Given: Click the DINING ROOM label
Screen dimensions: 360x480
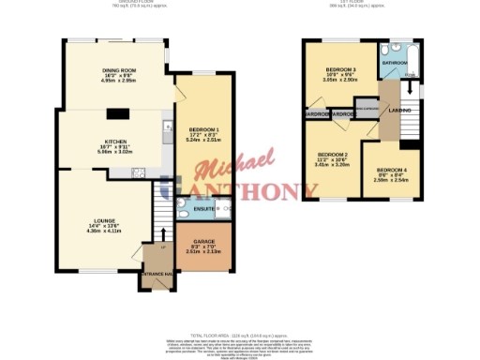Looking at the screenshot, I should tap(119, 69).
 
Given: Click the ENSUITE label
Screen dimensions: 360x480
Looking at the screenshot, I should tap(191, 208).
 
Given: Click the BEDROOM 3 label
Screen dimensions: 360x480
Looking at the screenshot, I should tap(340, 70).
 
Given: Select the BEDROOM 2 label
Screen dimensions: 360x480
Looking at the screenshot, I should tap(332, 155).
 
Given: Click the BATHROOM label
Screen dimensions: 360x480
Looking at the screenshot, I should tap(395, 63).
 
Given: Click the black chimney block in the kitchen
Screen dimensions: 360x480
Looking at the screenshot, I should tap(117, 114).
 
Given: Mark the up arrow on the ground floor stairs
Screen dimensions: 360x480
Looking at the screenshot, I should tap(165, 232).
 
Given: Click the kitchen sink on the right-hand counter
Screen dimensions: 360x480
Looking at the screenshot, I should tap(167, 126).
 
